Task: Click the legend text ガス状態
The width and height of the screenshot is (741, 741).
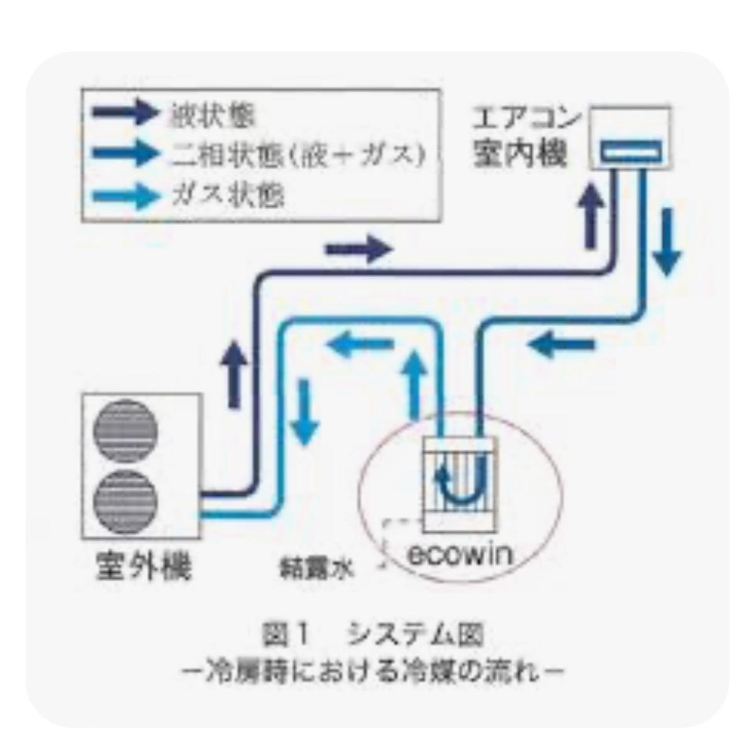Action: [228, 195]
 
